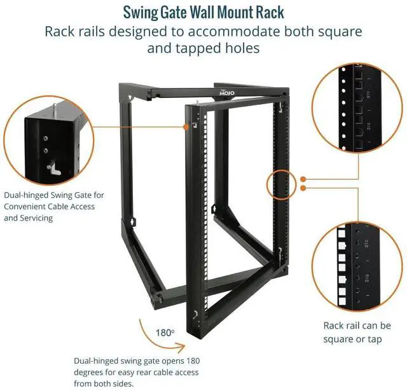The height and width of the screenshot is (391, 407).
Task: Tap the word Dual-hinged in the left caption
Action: coord(29,195)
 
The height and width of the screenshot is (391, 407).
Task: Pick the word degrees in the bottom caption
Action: coord(88,372)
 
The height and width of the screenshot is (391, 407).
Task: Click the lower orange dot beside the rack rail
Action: coord(304,188)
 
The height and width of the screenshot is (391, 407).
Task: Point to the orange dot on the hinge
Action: coord(188,127)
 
